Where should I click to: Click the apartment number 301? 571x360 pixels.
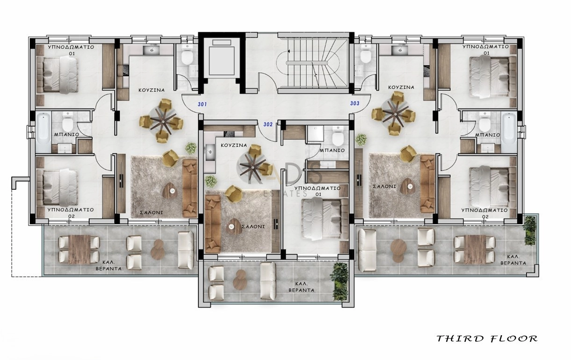pos(202,104)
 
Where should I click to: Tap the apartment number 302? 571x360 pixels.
pos(268,124)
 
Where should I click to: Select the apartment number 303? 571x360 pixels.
pos(354,103)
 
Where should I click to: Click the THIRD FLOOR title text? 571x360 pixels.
pos(487,338)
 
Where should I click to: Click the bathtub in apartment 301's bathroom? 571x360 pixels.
pos(43,132)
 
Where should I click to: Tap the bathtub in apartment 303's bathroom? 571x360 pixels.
pos(508,132)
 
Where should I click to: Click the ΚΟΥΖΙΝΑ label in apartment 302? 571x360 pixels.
pos(234,145)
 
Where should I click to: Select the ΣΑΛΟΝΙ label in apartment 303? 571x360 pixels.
pos(384,187)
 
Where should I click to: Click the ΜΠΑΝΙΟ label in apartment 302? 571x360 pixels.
pos(332,151)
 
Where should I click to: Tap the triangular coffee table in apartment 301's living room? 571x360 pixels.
pos(170,190)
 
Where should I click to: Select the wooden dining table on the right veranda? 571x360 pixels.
pos(475,249)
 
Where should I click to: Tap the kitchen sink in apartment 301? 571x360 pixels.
pos(152,50)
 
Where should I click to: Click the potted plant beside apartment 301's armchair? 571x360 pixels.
pos(191,148)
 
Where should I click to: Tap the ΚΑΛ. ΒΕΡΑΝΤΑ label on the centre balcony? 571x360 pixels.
pos(301,287)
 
